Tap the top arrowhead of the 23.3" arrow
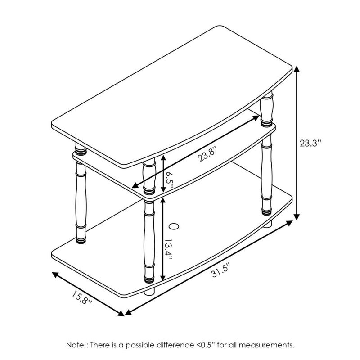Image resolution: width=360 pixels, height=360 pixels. point(297,70)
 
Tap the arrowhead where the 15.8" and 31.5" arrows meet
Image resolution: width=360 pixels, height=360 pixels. point(122,312)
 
